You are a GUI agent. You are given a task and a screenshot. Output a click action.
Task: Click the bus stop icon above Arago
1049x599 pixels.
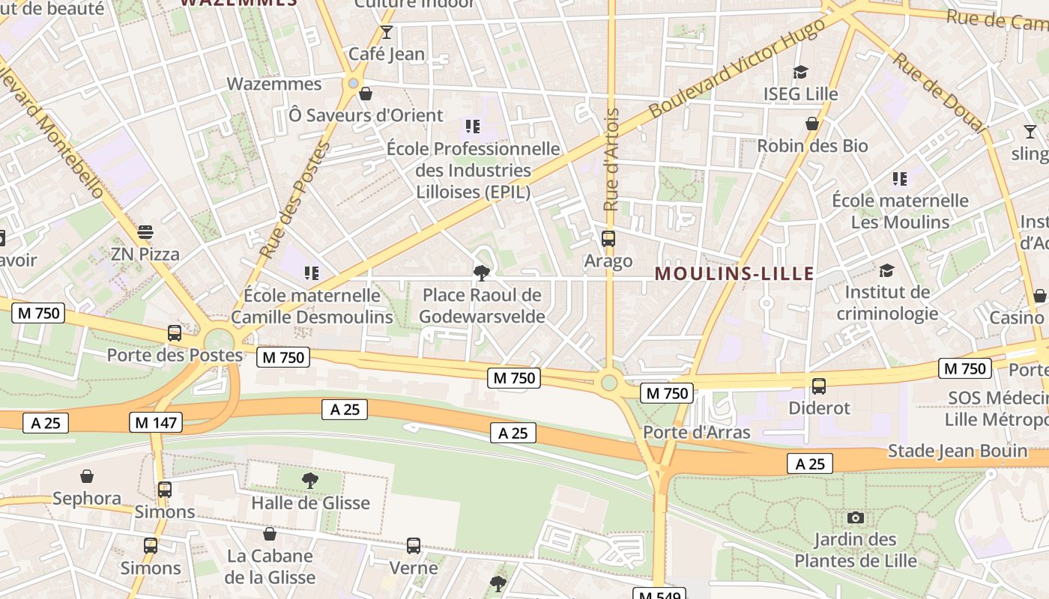[608, 239]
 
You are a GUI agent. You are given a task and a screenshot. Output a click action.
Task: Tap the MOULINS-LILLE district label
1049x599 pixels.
[734, 273]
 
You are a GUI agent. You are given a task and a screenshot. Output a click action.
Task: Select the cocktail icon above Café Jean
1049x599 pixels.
[387, 31]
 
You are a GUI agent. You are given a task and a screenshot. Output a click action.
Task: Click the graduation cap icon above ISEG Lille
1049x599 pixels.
[800, 72]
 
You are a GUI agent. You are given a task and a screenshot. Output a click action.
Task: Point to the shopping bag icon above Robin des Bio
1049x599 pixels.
[812, 123]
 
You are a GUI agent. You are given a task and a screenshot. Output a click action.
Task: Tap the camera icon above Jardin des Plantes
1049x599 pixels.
[855, 517]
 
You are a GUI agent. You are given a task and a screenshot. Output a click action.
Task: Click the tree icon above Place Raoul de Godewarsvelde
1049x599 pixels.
[481, 273]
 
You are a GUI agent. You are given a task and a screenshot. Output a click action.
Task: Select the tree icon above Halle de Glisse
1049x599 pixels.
[309, 480]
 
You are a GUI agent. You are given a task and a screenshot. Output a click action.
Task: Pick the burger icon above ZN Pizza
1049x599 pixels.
[145, 232]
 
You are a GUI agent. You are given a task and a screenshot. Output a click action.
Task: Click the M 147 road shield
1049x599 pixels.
[157, 422]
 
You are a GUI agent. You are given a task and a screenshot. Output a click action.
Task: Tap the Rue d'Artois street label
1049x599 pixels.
[611, 159]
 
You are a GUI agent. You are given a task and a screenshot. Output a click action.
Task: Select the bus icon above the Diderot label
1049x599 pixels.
[819, 386]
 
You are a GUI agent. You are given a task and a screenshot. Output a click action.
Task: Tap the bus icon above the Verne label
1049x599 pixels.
[414, 546]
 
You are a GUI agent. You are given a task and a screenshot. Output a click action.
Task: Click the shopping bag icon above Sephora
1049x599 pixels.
[87, 476]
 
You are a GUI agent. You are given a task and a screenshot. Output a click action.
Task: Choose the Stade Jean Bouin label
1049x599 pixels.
[957, 451]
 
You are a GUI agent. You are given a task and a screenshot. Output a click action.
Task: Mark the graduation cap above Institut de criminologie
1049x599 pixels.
[886, 270]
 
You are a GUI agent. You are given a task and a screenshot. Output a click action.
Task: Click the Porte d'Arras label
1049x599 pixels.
[696, 432]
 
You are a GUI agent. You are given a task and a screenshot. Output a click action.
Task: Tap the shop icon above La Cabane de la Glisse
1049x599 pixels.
[270, 534]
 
